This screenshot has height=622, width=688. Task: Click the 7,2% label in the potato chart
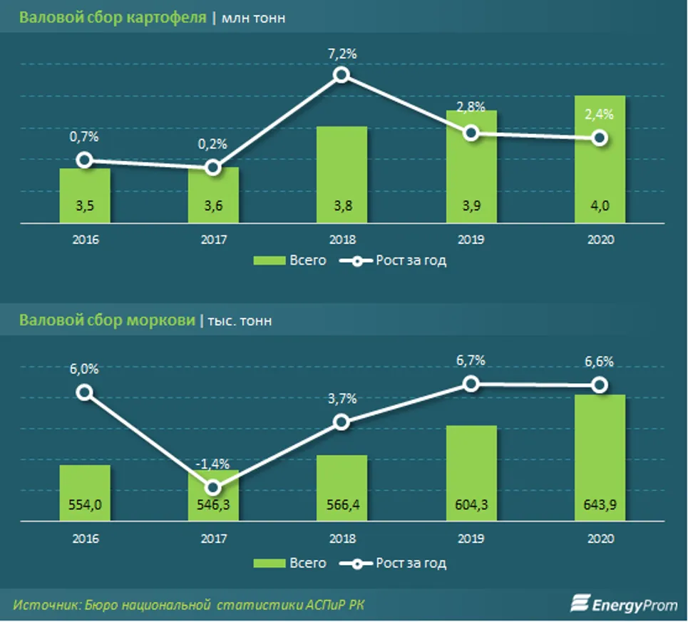point(342,54)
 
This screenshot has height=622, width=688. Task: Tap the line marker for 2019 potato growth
point(471,133)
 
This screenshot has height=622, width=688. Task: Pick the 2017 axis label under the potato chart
point(212,240)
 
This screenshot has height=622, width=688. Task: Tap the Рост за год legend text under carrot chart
point(411,564)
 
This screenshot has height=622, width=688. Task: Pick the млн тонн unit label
point(254,19)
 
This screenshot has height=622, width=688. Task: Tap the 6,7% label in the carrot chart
point(471,361)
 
